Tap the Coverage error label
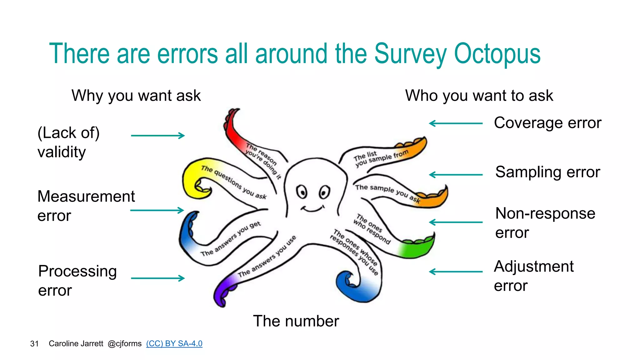click(x=547, y=123)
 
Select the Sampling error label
click(x=547, y=172)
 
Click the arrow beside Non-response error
click(x=456, y=222)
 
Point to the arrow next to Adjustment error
click(x=456, y=272)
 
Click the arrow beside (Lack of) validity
click(x=158, y=136)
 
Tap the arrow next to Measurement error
click(x=157, y=210)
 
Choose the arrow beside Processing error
click(x=158, y=278)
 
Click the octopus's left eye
click(x=302, y=192)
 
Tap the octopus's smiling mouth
click(x=312, y=209)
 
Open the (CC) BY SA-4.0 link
click(x=174, y=343)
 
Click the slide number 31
click(x=34, y=344)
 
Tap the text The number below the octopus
click(x=296, y=321)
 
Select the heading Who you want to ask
click(x=479, y=96)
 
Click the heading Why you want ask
click(x=136, y=96)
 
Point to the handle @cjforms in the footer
click(x=124, y=344)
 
